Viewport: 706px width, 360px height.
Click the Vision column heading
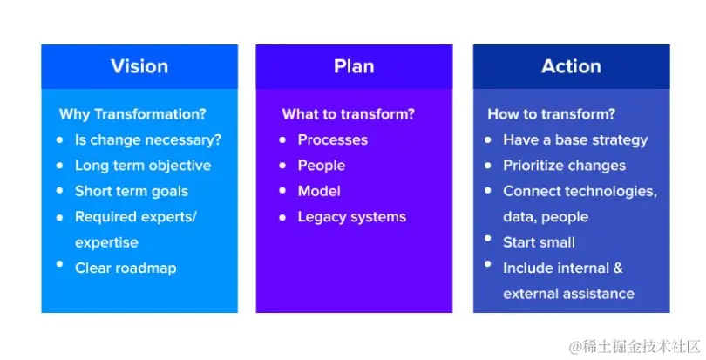click(139, 66)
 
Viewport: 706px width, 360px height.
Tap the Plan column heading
click(354, 66)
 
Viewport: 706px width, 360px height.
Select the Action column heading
click(571, 66)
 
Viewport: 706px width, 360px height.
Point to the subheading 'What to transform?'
click(348, 114)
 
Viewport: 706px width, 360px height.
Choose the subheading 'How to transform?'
click(551, 114)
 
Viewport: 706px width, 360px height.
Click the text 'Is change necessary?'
click(147, 139)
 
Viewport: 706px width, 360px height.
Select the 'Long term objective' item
click(142, 166)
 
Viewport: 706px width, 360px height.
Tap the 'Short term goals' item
click(131, 191)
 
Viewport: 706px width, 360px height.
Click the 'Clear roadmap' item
click(126, 268)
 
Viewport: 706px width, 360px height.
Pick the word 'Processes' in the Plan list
click(332, 139)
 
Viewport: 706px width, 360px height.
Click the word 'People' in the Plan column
click(321, 166)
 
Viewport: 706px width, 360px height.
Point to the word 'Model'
click(319, 191)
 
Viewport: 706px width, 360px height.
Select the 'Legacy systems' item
click(351, 216)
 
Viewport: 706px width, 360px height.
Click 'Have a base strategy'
click(575, 139)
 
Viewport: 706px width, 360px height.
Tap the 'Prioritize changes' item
click(564, 166)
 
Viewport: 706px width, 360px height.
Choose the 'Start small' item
click(539, 242)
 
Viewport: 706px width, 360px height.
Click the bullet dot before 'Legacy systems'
click(282, 216)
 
